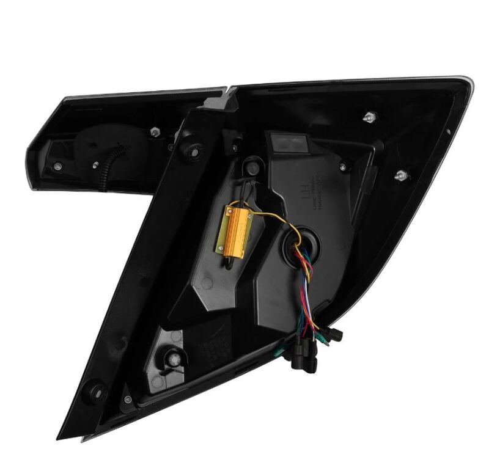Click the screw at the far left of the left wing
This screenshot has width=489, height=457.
(57, 165)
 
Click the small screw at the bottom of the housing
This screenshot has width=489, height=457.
(127, 400)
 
